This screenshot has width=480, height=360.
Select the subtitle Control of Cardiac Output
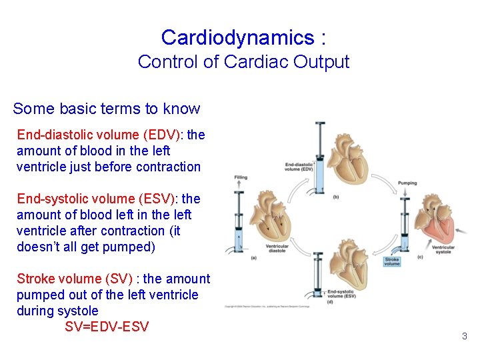click(243, 62)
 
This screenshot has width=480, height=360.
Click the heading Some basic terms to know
click(106, 109)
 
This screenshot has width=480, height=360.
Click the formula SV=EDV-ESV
click(107, 327)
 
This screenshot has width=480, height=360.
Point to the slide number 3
click(465, 336)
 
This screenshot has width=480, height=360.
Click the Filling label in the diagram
click(241, 177)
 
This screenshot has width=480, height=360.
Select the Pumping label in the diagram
click(407, 183)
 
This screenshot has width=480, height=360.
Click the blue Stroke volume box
click(391, 262)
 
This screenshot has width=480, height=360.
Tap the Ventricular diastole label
click(277, 249)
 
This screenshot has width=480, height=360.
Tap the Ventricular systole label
click(443, 249)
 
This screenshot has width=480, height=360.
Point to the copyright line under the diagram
click(277, 307)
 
